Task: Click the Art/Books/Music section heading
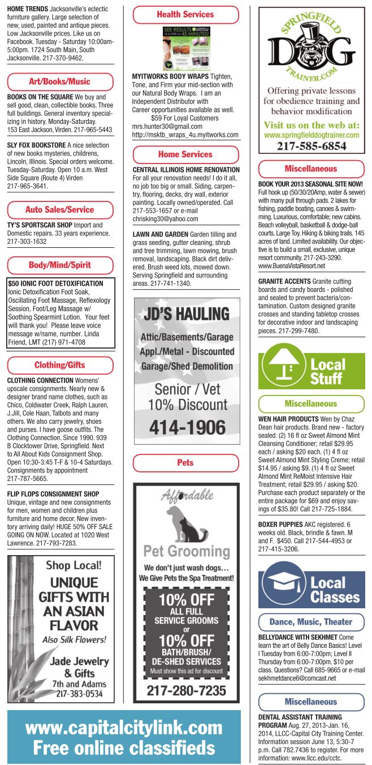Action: coord(59,81)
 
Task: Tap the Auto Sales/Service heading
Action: coord(59,209)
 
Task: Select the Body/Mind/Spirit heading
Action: coord(59,265)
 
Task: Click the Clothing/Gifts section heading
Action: coord(59,365)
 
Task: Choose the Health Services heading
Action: coord(185,14)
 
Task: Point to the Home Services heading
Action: coord(185,154)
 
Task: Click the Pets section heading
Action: coord(185,462)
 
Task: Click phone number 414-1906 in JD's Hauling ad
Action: coord(186,428)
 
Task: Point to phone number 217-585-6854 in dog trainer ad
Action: coord(312,146)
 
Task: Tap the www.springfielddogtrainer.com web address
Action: coord(312,135)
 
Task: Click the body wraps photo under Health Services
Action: coord(186,48)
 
